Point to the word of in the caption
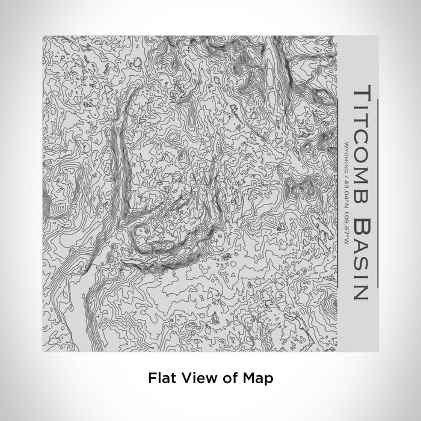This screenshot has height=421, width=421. coord(227,378)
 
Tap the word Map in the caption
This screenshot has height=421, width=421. coord(257,379)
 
